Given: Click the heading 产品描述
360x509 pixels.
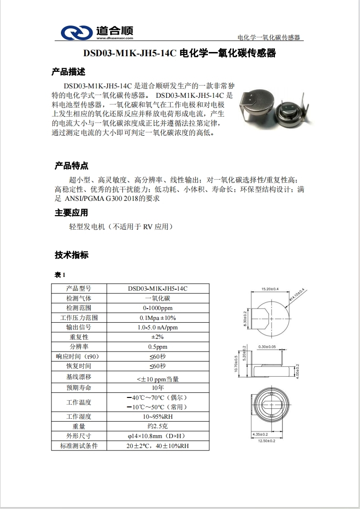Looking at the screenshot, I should tap(69, 72).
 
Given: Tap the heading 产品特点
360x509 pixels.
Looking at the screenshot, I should tap(72, 166).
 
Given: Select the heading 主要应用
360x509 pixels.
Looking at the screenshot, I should tap(71, 213).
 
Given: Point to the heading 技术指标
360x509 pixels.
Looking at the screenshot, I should tap(71, 255).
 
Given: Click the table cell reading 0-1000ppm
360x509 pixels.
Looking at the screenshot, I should tap(158, 308).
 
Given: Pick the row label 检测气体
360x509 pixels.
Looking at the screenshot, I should tap(79, 298).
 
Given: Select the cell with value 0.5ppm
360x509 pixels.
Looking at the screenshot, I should tap(158, 346).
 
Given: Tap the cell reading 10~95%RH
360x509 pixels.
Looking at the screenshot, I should tap(158, 417).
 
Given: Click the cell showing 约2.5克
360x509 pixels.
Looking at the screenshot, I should tap(158, 426).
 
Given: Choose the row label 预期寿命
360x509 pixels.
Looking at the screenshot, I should tap(79, 388).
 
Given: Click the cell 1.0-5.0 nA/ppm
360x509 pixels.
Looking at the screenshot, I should tap(158, 327).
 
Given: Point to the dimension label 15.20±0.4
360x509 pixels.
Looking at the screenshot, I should tap(270, 288).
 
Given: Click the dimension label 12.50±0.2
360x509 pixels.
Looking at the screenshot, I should tap(266, 440).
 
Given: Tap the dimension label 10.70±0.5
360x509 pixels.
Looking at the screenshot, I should tap(236, 364).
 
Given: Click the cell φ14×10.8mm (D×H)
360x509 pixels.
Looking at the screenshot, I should tap(158, 436).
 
